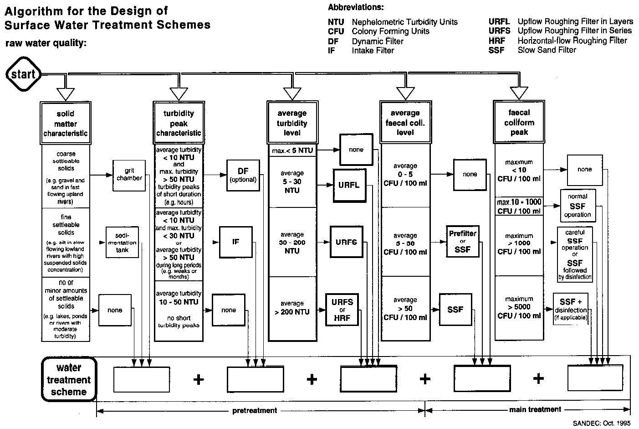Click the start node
tap(23, 74)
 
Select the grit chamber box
tap(129, 175)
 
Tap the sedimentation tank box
tap(122, 242)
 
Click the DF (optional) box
tap(243, 175)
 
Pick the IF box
tap(235, 242)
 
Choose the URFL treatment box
tap(349, 186)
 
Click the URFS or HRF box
tap(342, 310)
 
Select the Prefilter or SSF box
tap(463, 242)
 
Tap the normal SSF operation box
tap(577, 206)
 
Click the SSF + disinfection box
tap(571, 309)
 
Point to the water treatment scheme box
tap(69, 379)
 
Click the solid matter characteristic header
tap(66, 124)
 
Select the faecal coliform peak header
tap(519, 122)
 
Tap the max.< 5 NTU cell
tap(292, 150)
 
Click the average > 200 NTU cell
tap(292, 308)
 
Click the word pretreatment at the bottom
tap(255, 410)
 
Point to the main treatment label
tap(535, 409)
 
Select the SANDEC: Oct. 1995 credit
tap(602, 423)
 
